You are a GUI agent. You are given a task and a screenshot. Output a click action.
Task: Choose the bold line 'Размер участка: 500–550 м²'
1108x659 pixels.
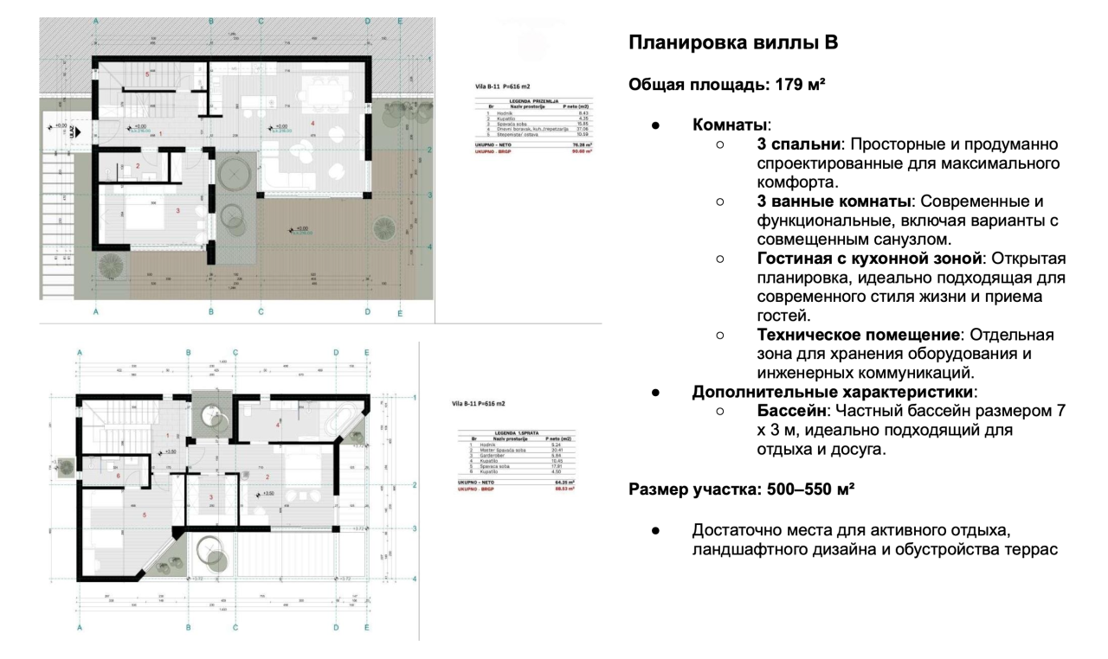click(742, 490)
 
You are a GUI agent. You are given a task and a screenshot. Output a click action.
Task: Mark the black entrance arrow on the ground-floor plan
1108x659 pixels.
click(75, 133)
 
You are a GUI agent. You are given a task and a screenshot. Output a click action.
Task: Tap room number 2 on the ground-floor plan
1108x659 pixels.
click(138, 165)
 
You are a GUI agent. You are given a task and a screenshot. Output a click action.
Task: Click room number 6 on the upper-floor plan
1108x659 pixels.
click(117, 476)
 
